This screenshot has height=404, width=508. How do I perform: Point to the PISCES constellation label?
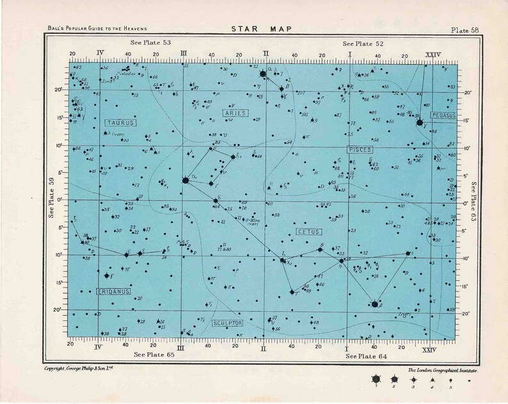tap(360, 149)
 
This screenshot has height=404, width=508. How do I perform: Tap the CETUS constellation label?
tap(308, 230)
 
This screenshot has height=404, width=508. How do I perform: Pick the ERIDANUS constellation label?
tap(113, 292)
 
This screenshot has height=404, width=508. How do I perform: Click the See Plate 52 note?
tap(363, 42)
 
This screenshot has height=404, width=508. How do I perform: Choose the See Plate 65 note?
tap(152, 353)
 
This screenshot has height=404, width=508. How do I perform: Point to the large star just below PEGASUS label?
tap(420, 122)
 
